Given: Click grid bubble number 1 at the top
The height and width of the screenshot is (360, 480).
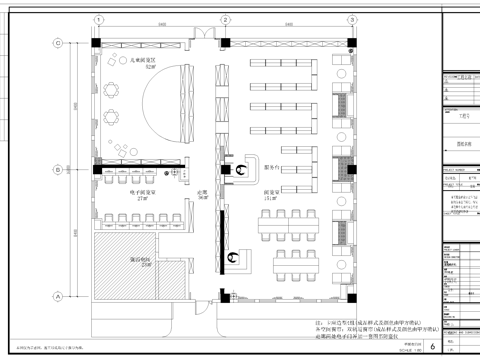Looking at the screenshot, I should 97,19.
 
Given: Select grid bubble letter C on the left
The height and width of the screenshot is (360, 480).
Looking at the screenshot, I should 59,42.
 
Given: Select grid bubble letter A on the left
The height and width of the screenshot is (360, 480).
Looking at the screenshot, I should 59,296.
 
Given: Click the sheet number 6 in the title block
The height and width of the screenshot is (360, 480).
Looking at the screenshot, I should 432,346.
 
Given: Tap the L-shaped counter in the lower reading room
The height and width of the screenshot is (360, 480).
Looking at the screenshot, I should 240,258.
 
